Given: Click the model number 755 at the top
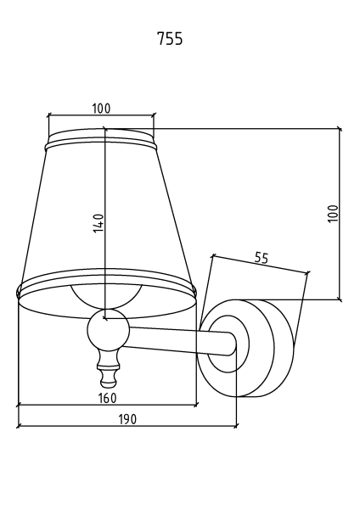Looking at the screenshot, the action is [x=170, y=38].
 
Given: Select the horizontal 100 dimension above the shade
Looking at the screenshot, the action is [x=101, y=109].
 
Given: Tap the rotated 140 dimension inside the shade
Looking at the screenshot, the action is [x=98, y=222].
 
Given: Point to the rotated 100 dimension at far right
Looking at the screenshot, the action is [x=333, y=213].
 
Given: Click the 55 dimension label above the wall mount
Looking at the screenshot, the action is [x=262, y=258].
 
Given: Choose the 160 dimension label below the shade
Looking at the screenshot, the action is [x=107, y=398].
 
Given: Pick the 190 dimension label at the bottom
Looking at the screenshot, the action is [x=127, y=419].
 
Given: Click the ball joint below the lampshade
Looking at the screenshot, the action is [x=108, y=330].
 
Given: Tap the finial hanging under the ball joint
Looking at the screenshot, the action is [x=108, y=369].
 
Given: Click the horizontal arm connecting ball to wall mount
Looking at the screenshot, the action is [x=180, y=341].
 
